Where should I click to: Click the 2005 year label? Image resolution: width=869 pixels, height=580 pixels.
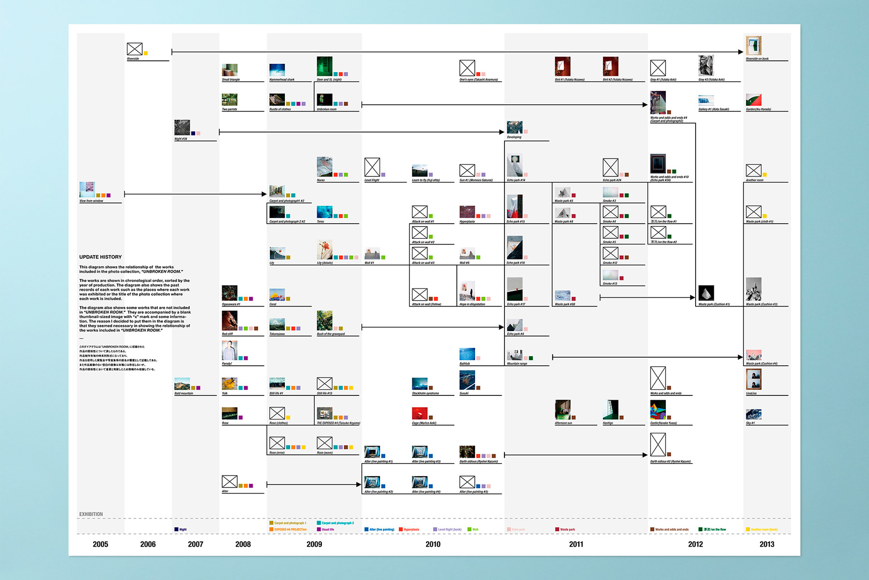pyautogui.click(x=100, y=544)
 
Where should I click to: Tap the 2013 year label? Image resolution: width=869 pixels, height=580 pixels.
pyautogui.click(x=767, y=544)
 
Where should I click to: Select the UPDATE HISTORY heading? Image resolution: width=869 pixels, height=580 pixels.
pyautogui.click(x=100, y=257)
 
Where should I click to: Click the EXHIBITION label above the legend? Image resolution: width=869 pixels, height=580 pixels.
pyautogui.click(x=91, y=514)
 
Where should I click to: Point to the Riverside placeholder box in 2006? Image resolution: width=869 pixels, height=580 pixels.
pyautogui.click(x=135, y=49)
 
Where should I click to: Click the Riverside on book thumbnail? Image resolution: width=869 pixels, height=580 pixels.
pyautogui.click(x=754, y=46)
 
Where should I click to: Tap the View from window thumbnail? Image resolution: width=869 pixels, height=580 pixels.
pyautogui.click(x=87, y=189)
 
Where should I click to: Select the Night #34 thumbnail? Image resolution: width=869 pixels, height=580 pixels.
pyautogui.click(x=182, y=128)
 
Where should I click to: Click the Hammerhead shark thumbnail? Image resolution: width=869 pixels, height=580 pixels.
pyautogui.click(x=277, y=70)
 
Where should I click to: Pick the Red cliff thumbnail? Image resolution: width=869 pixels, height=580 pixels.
pyautogui.click(x=229, y=320)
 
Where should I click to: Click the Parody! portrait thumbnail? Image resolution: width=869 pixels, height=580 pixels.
pyautogui.click(x=229, y=350)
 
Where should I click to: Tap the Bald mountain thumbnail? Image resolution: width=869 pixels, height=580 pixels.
pyautogui.click(x=182, y=384)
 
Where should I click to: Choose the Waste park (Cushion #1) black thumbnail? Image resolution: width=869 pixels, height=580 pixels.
pyautogui.click(x=706, y=293)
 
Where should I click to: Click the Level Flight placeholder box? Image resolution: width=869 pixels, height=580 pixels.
pyautogui.click(x=372, y=167)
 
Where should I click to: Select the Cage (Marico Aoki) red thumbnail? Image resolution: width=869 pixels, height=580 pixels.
pyautogui.click(x=420, y=413)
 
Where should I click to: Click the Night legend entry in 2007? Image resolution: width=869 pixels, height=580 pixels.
pyautogui.click(x=181, y=530)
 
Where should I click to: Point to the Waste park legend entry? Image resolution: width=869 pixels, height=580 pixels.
pyautogui.click(x=565, y=530)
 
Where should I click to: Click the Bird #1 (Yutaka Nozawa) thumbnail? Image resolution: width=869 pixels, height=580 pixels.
pyautogui.click(x=562, y=66)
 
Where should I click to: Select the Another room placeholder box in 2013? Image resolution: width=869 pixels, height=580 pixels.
pyautogui.click(x=754, y=170)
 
